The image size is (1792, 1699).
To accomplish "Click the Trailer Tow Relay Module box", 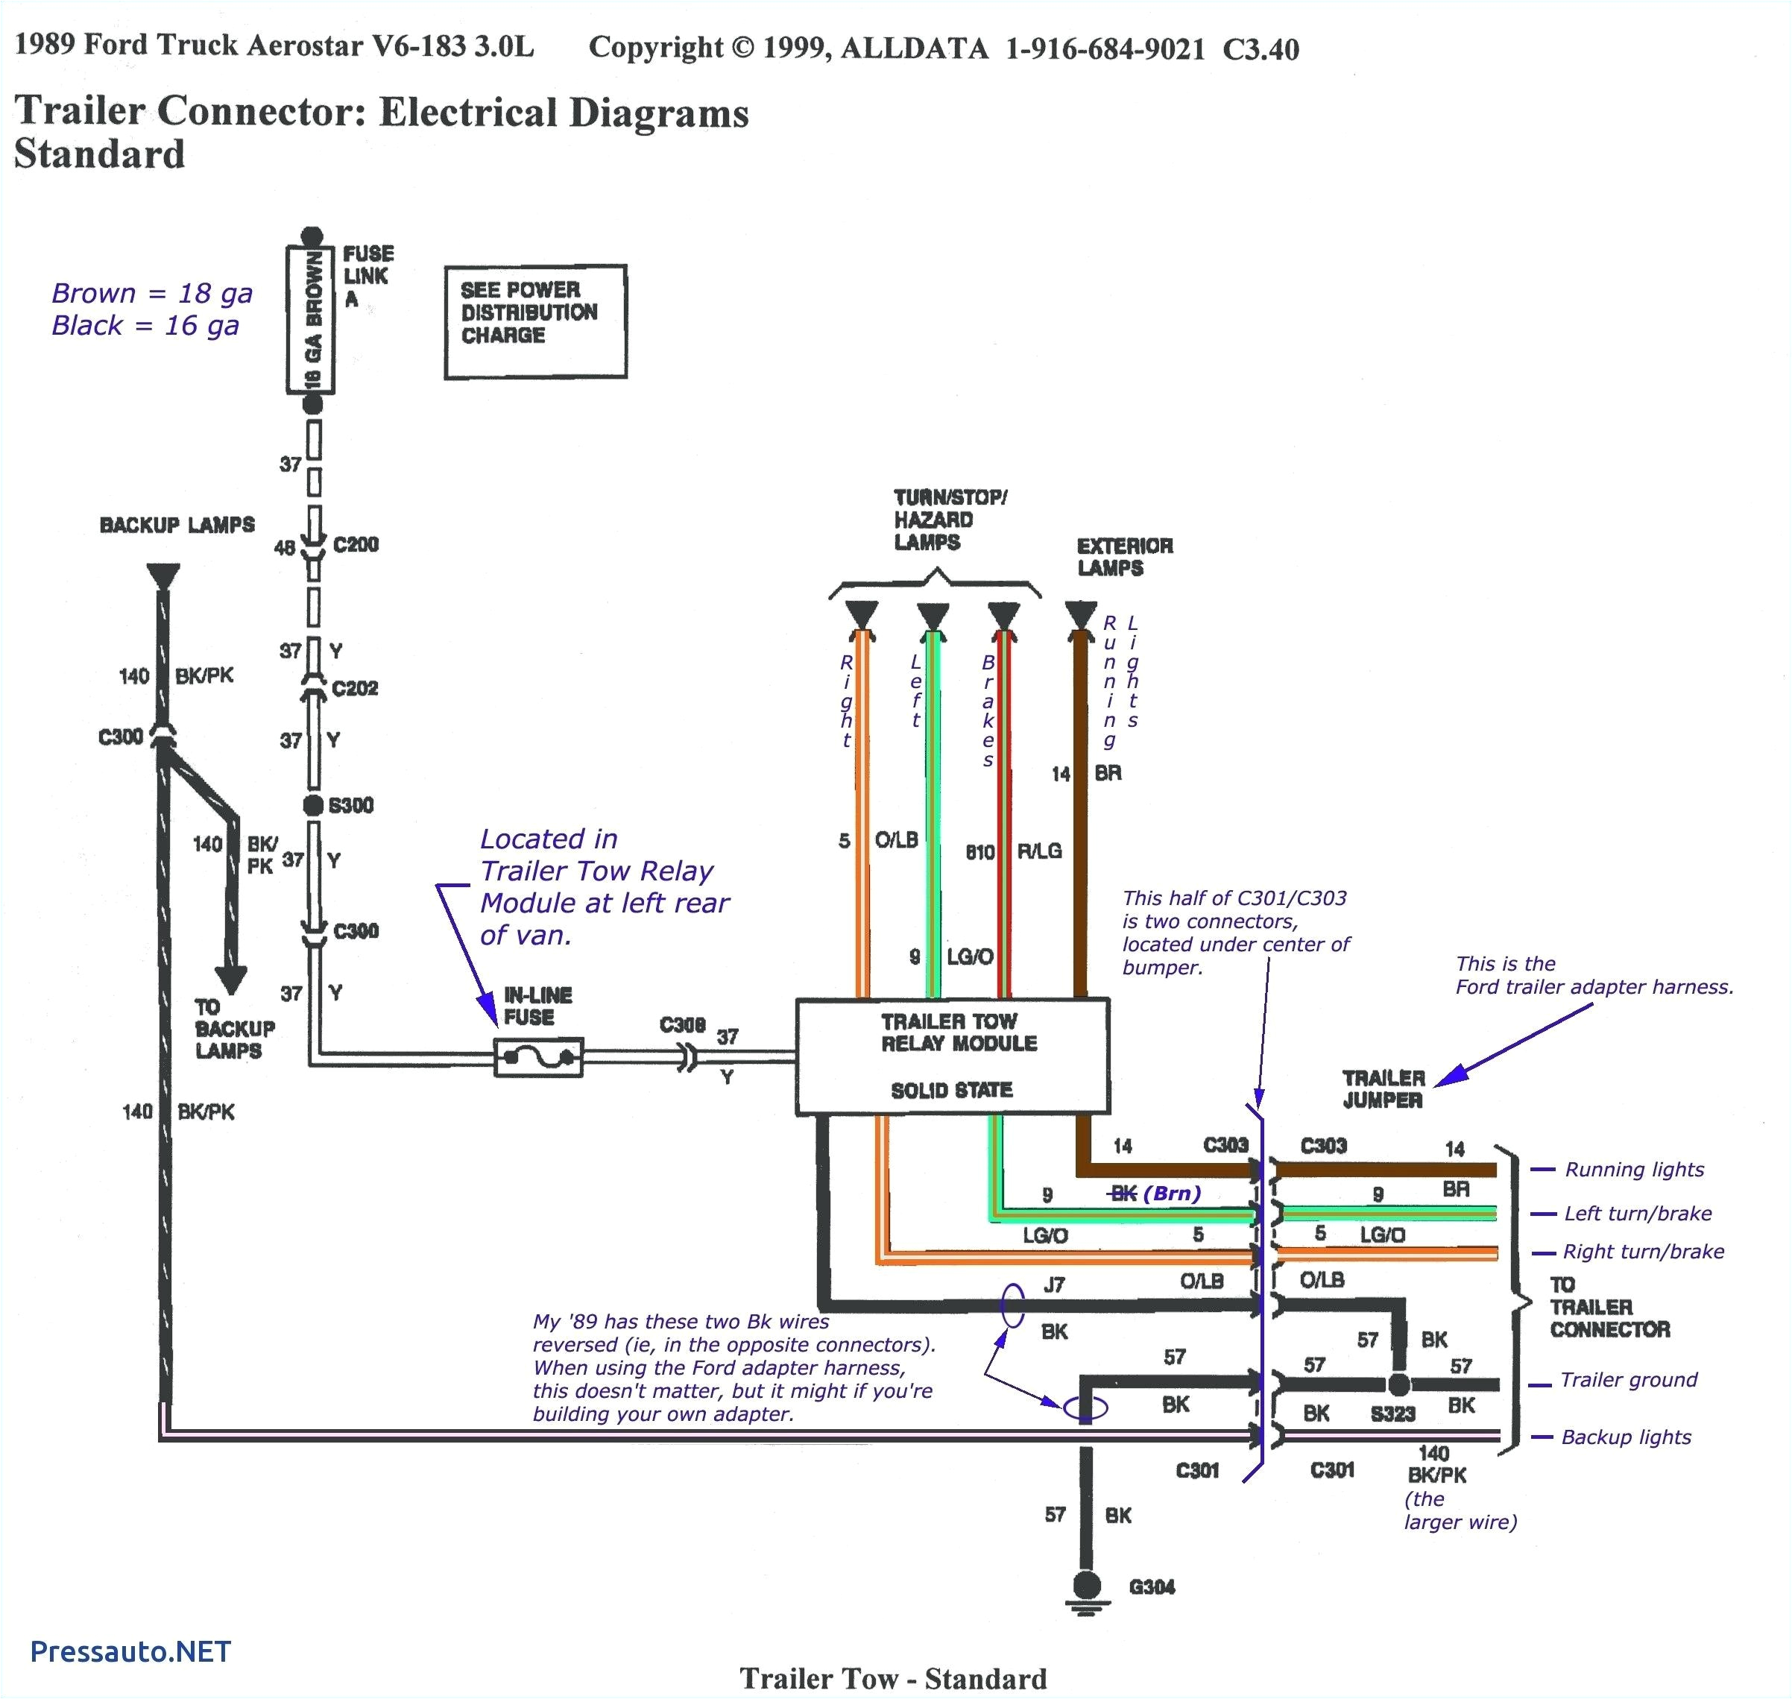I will pos(952,1056).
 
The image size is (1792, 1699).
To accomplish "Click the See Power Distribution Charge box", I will pos(535,321).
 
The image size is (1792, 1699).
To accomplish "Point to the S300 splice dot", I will pos(313,805).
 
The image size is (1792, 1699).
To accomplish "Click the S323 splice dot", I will pos(1399,1384).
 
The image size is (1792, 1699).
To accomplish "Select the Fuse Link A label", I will pos(367,275).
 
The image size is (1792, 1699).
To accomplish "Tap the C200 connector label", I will pos(355,544).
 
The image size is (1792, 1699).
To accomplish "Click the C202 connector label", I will pos(354,688).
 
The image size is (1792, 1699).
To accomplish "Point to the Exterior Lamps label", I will pos(1124,556).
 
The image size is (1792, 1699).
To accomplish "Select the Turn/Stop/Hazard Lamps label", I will pos(949,520).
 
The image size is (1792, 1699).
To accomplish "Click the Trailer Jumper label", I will pos(1383,1088).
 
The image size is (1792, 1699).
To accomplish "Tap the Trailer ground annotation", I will pos(1628,1379).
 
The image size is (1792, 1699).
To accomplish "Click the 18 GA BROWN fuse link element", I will pos(312,321).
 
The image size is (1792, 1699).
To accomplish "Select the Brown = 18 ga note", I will pos(151,294).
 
